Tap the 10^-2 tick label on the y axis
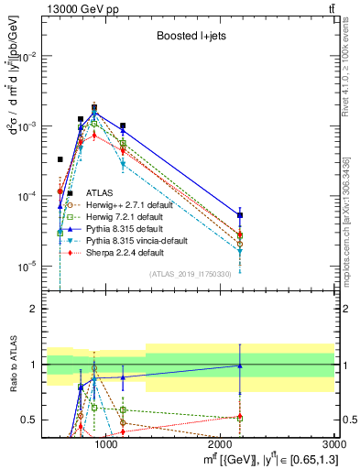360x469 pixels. tap(26, 57)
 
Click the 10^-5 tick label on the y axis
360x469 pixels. tap(26, 267)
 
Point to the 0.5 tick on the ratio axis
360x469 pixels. tap(30, 420)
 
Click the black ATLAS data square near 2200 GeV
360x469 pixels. tap(240, 215)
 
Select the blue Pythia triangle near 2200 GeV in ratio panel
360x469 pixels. tap(240, 365)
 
